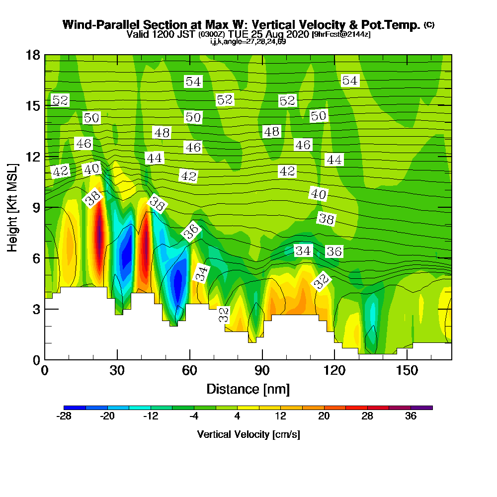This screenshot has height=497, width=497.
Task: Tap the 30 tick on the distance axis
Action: (117, 371)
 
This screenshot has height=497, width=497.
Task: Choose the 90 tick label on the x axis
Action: (262, 371)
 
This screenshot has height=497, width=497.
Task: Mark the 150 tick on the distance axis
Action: (407, 371)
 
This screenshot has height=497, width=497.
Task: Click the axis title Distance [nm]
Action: (248, 389)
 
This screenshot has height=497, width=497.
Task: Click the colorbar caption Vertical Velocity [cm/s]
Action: (248, 434)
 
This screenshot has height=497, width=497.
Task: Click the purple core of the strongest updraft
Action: (99, 234)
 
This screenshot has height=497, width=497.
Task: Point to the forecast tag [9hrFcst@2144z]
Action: (340, 34)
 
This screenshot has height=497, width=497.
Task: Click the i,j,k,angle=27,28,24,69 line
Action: (248, 41)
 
